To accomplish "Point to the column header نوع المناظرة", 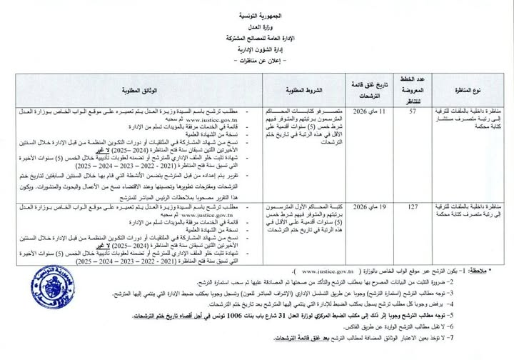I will point(468,91).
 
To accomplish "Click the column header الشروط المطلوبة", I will point(309,91).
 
